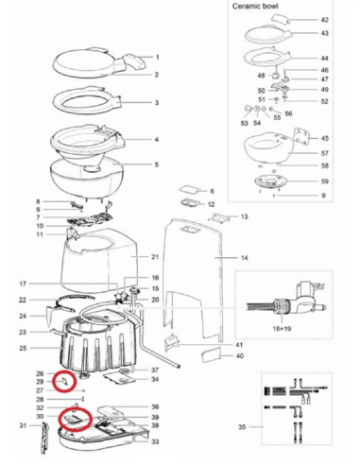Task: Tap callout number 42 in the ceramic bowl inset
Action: (x=324, y=20)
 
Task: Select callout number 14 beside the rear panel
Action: (x=243, y=258)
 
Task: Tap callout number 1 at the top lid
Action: (x=157, y=58)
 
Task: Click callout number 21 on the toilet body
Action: (x=157, y=257)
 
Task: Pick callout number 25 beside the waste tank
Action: (x=24, y=349)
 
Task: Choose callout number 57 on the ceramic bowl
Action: (x=324, y=153)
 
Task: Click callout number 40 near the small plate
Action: (x=239, y=355)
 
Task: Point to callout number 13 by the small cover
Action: (x=243, y=217)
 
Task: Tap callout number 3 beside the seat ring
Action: (x=157, y=103)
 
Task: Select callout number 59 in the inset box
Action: (x=324, y=181)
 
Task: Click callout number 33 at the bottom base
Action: (x=155, y=441)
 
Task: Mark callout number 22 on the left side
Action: (x=24, y=300)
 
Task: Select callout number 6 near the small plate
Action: (x=212, y=192)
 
